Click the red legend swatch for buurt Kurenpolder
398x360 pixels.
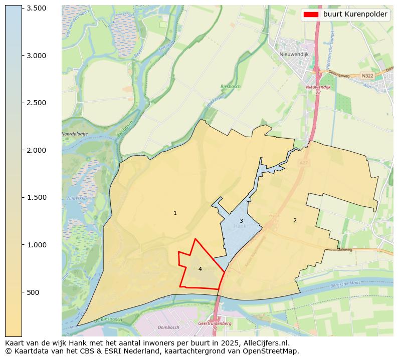[311, 15]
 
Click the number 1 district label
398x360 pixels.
[175, 213]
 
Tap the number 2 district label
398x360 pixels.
[295, 220]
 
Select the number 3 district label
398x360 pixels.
[241, 221]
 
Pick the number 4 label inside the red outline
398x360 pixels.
[200, 269]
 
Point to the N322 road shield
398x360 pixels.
[367, 76]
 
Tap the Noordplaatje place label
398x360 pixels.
[75, 134]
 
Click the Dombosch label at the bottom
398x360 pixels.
[168, 327]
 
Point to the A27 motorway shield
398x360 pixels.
[303, 163]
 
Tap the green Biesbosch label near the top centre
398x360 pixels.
[231, 87]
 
